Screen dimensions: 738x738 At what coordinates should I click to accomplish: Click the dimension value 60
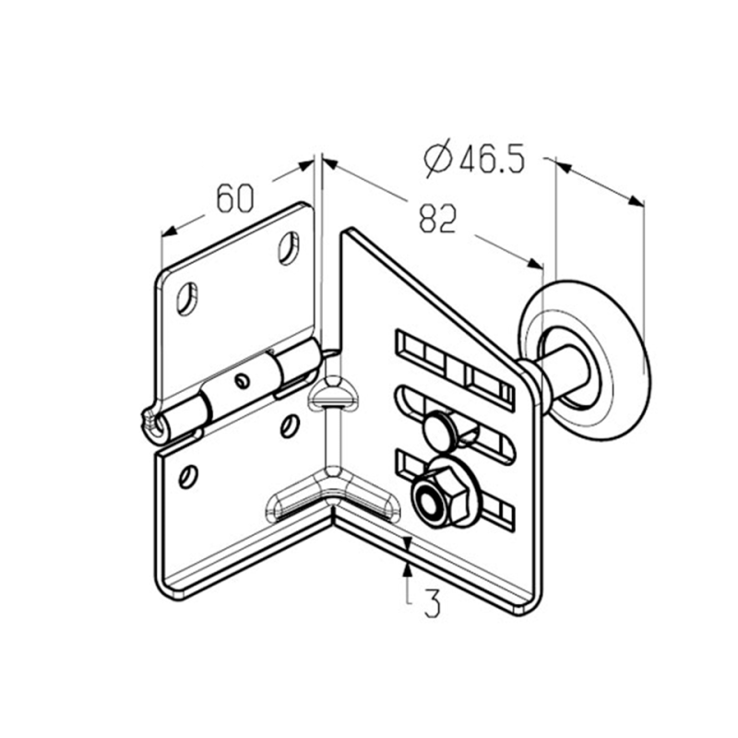coord(235,198)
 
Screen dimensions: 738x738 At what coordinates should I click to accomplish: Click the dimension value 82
coord(437,219)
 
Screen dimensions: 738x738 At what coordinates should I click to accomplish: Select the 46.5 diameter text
coord(492,159)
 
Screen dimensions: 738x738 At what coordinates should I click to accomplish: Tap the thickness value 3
coord(432,603)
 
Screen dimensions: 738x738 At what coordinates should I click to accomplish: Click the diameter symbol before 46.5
coord(438,158)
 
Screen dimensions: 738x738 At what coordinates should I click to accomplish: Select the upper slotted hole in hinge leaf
coord(288,247)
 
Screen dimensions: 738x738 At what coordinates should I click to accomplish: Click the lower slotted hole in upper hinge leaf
coord(187,298)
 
